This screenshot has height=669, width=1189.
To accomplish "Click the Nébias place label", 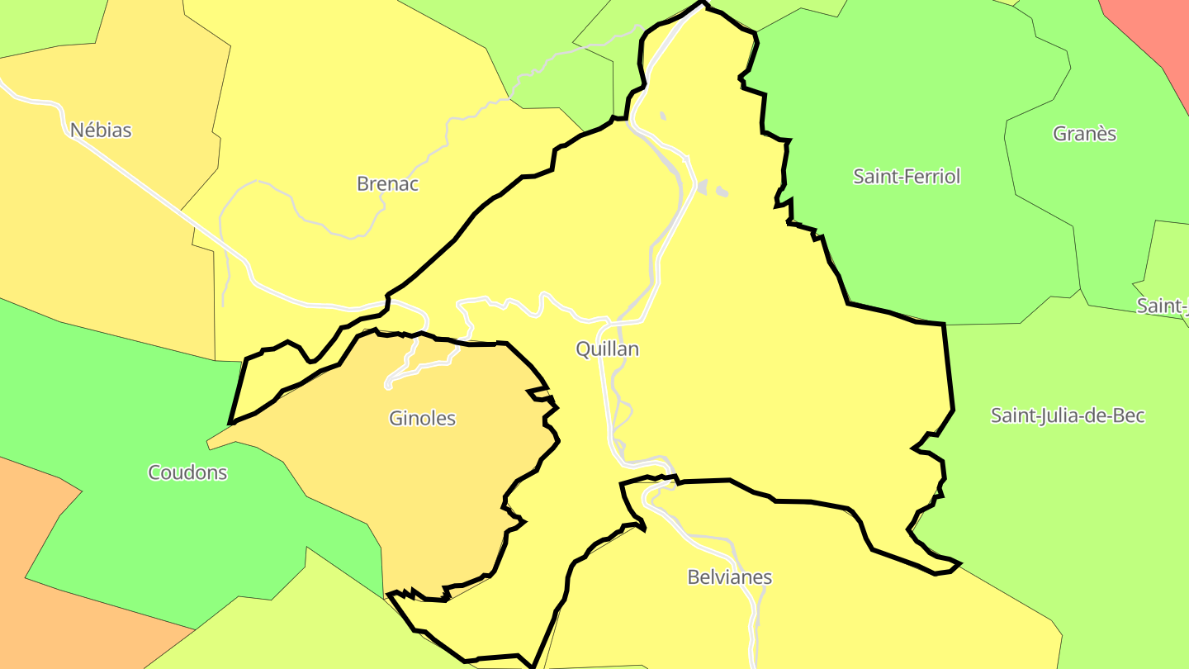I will pos(101,130).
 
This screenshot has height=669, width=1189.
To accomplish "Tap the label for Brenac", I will pos(387,183).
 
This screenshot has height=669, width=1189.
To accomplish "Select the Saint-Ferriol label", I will pos(907,176).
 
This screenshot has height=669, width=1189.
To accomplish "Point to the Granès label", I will pos(1084,133).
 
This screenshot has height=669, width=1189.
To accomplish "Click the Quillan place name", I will pos(607,349).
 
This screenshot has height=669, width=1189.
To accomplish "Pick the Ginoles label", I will pos(422,418).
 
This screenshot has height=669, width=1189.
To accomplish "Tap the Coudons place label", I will pos(187,472).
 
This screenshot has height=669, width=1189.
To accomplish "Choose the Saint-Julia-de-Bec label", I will pos(1067,415).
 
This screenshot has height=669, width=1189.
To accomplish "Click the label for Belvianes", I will pos(729,576).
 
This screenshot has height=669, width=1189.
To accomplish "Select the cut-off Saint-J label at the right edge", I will pos(1163,306).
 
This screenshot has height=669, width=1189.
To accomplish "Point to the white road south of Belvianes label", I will pos(753,628).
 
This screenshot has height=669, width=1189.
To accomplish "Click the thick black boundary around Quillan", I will pos(948,372).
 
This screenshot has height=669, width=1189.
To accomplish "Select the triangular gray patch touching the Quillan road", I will pos(703,187).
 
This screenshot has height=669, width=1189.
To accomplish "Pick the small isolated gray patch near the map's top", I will pos(662,116).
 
